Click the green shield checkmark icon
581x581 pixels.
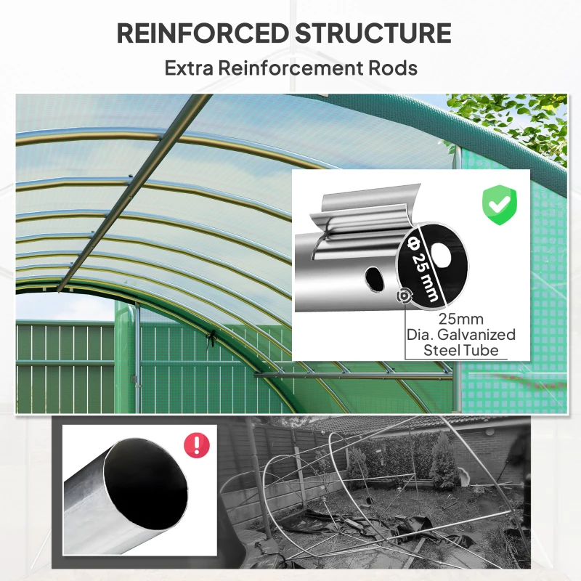point(499,205)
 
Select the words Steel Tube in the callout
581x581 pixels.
point(461,351)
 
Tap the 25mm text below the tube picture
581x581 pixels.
point(460,319)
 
